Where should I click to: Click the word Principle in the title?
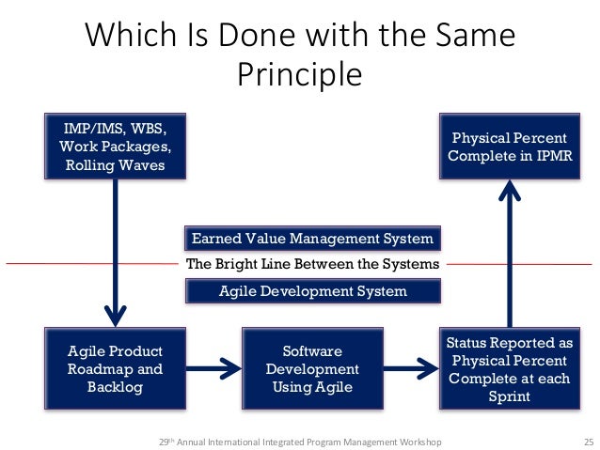pyautogui.click(x=299, y=74)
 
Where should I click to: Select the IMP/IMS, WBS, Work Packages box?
pyautogui.click(x=116, y=146)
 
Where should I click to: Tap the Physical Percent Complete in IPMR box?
pyautogui.click(x=508, y=146)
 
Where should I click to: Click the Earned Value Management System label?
pyautogui.click(x=312, y=238)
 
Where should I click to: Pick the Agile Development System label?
pyautogui.click(x=312, y=291)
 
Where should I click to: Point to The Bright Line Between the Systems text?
pyautogui.click(x=312, y=264)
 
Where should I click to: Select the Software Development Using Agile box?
pyautogui.click(x=311, y=367)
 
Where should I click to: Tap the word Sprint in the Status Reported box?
pyautogui.click(x=509, y=396)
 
